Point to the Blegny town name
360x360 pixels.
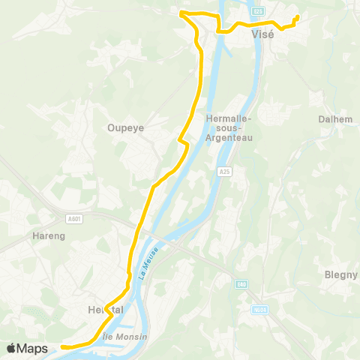click(340, 274)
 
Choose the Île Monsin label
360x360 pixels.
click(127, 337)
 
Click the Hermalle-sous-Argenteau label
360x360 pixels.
click(229, 118)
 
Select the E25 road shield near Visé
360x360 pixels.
click(258, 12)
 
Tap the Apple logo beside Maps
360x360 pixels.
click(11, 348)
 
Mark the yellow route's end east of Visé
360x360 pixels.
click(298, 17)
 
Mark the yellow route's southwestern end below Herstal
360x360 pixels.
click(62, 346)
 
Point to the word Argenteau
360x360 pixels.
click(229, 137)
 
